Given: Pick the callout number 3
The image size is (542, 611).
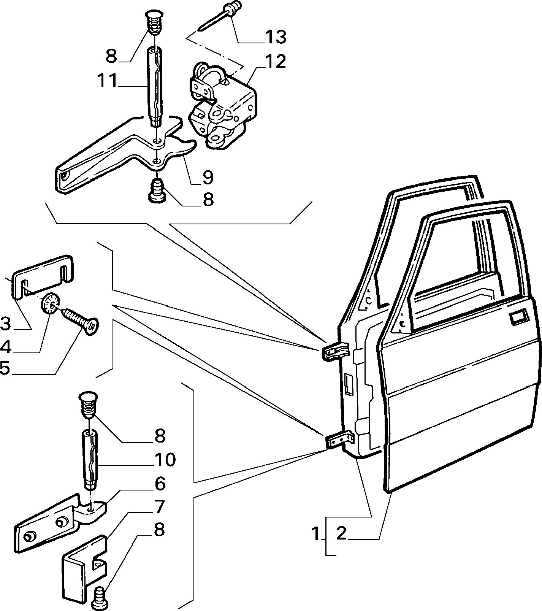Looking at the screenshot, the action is point(160,484).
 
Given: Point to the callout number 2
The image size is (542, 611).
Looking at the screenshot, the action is point(341,533).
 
